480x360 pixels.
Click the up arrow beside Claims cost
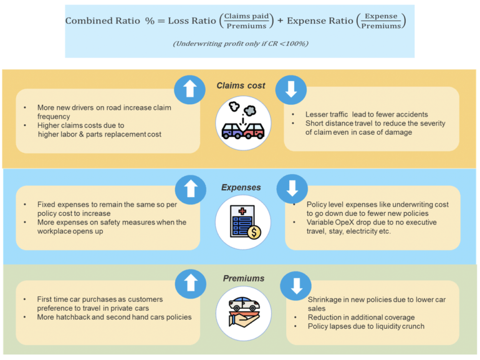(191, 89)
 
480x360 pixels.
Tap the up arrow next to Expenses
(191, 188)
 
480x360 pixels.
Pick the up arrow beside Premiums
(191, 285)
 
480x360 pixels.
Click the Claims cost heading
(241, 85)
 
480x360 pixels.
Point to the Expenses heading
(241, 187)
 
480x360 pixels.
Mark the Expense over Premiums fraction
(381, 21)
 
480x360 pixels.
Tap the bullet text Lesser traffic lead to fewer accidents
(367, 114)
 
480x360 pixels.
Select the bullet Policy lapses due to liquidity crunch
(366, 326)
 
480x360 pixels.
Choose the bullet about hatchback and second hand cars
(115, 317)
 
